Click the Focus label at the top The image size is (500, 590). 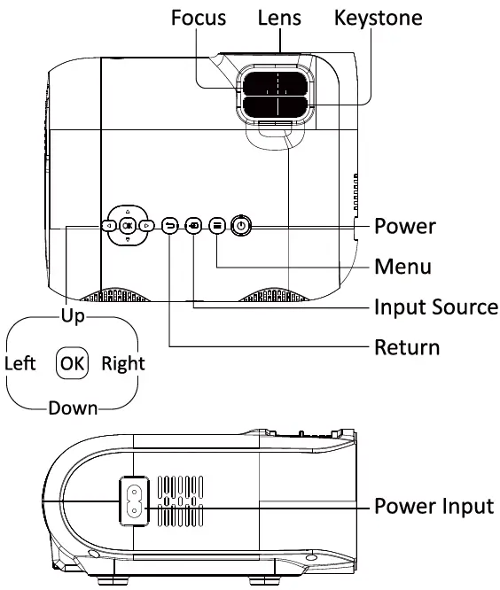(x=199, y=18)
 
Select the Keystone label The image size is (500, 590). (x=378, y=18)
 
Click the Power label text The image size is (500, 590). (x=405, y=226)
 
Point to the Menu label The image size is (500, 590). (x=402, y=266)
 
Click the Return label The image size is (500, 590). (x=407, y=346)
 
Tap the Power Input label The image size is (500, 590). (x=433, y=507)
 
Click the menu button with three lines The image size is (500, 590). (x=217, y=226)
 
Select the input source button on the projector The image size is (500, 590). (x=194, y=226)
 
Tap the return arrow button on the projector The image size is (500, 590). (x=171, y=226)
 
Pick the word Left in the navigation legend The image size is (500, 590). (x=20, y=363)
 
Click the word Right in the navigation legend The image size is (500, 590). (x=122, y=363)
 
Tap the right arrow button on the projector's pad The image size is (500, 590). (x=147, y=226)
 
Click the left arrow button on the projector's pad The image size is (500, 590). (x=108, y=226)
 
